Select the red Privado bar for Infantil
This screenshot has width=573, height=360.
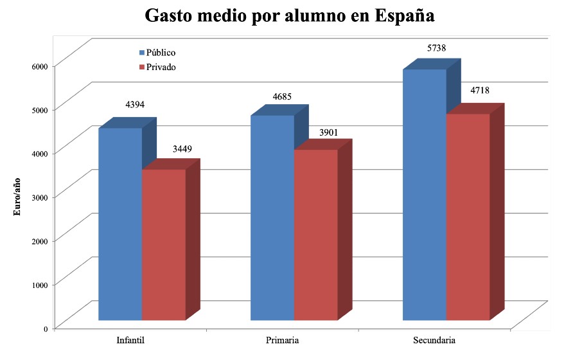click(x=163, y=244)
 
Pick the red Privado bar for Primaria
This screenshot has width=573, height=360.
click(x=315, y=235)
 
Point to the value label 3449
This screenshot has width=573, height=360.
click(x=182, y=149)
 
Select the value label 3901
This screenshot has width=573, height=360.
click(x=328, y=132)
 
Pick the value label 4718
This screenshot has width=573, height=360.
click(x=480, y=90)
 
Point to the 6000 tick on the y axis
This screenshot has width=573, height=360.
click(x=40, y=66)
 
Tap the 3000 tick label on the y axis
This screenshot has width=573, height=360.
click(x=40, y=197)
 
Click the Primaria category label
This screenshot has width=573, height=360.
click(x=281, y=339)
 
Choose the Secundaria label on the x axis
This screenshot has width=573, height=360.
click(x=434, y=339)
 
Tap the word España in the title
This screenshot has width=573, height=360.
click(x=403, y=15)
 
